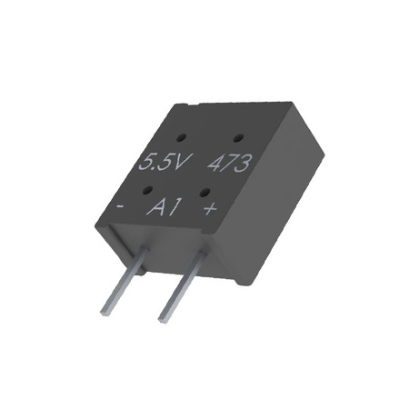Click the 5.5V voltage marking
(x=165, y=163)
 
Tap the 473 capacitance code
(x=230, y=164)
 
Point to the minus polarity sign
(x=120, y=206)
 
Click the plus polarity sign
(x=210, y=208)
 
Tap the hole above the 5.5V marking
(x=182, y=138)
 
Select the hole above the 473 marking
(x=238, y=138)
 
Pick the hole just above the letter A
(x=148, y=191)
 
